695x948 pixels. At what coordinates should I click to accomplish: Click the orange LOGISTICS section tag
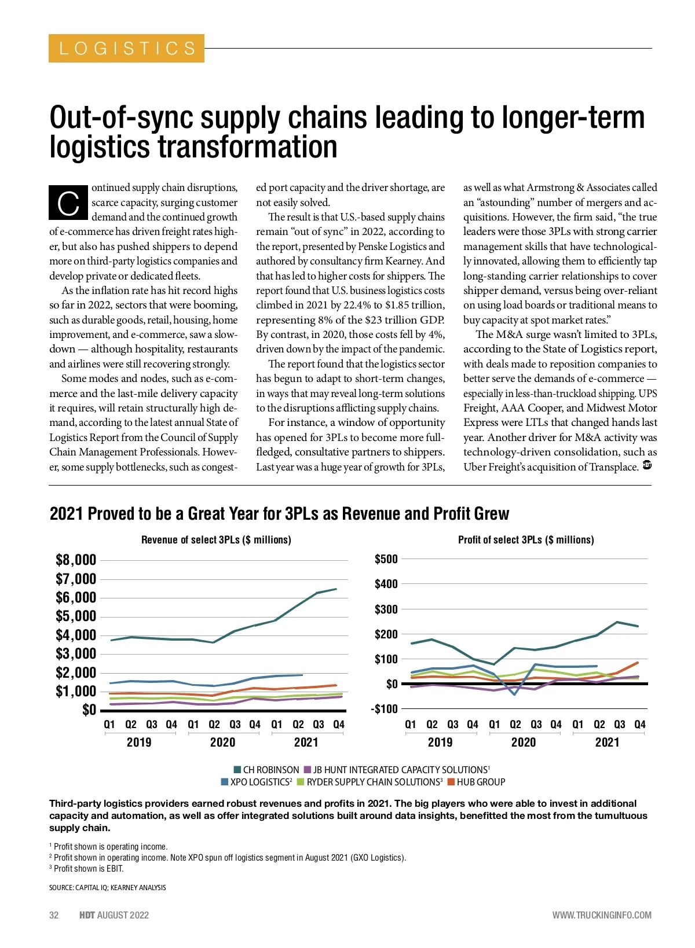point(126,48)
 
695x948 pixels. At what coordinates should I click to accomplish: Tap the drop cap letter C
point(68,203)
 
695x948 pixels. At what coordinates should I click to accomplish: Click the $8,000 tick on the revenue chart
point(76,560)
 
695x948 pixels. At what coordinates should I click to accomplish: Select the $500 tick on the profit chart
point(386,559)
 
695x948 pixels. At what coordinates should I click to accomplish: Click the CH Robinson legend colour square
point(237,770)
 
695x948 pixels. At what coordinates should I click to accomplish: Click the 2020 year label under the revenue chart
point(222,743)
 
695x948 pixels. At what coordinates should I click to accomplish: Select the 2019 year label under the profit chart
point(440,743)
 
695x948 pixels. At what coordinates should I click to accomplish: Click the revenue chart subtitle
point(216,540)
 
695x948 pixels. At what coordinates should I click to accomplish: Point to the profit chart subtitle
point(526,540)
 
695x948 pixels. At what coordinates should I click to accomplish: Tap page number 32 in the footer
point(54,915)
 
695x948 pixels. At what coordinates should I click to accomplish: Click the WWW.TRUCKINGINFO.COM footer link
point(602,915)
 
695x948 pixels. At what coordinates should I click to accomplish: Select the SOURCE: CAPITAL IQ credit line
point(108,887)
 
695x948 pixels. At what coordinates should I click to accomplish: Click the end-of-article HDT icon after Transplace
point(648,465)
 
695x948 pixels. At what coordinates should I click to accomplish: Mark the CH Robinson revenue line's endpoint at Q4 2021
point(336,589)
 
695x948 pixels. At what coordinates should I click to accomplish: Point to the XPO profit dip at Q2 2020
point(514,694)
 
